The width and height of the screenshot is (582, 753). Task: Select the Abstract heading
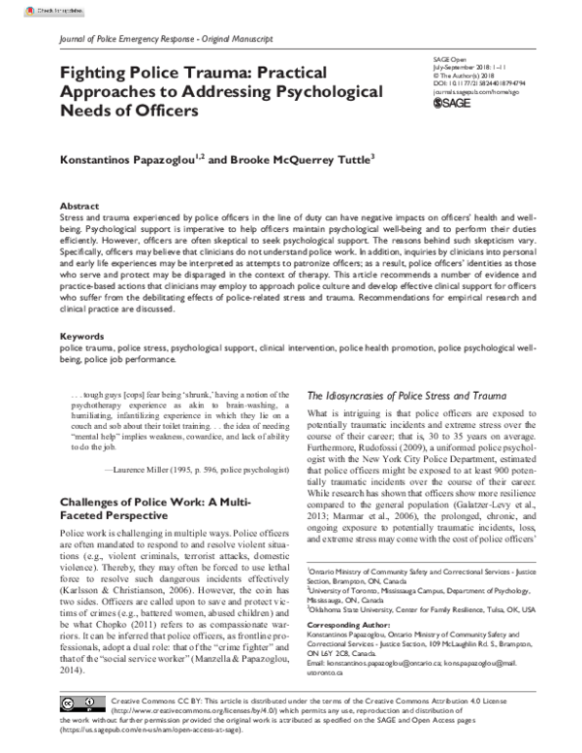(x=79, y=208)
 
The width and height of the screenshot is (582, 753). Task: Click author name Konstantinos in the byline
(x=102, y=159)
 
